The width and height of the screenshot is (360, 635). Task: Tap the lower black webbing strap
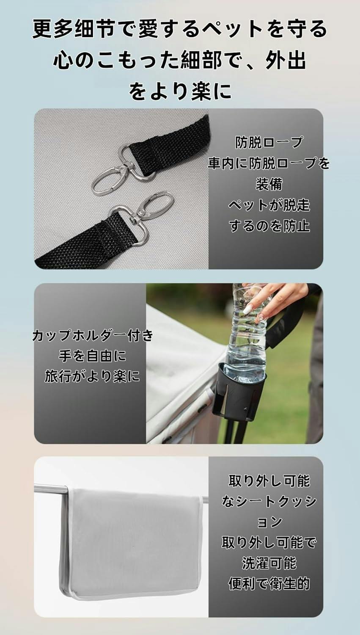click(85, 241)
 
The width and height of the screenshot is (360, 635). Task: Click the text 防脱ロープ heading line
click(269, 142)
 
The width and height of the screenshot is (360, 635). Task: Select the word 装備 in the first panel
click(269, 184)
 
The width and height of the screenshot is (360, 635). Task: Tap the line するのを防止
click(269, 226)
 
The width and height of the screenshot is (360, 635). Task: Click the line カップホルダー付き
click(93, 335)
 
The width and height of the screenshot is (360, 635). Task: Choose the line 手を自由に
click(93, 356)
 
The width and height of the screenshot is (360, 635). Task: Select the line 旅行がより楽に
click(93, 377)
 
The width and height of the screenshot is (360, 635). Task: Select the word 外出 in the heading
click(286, 60)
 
